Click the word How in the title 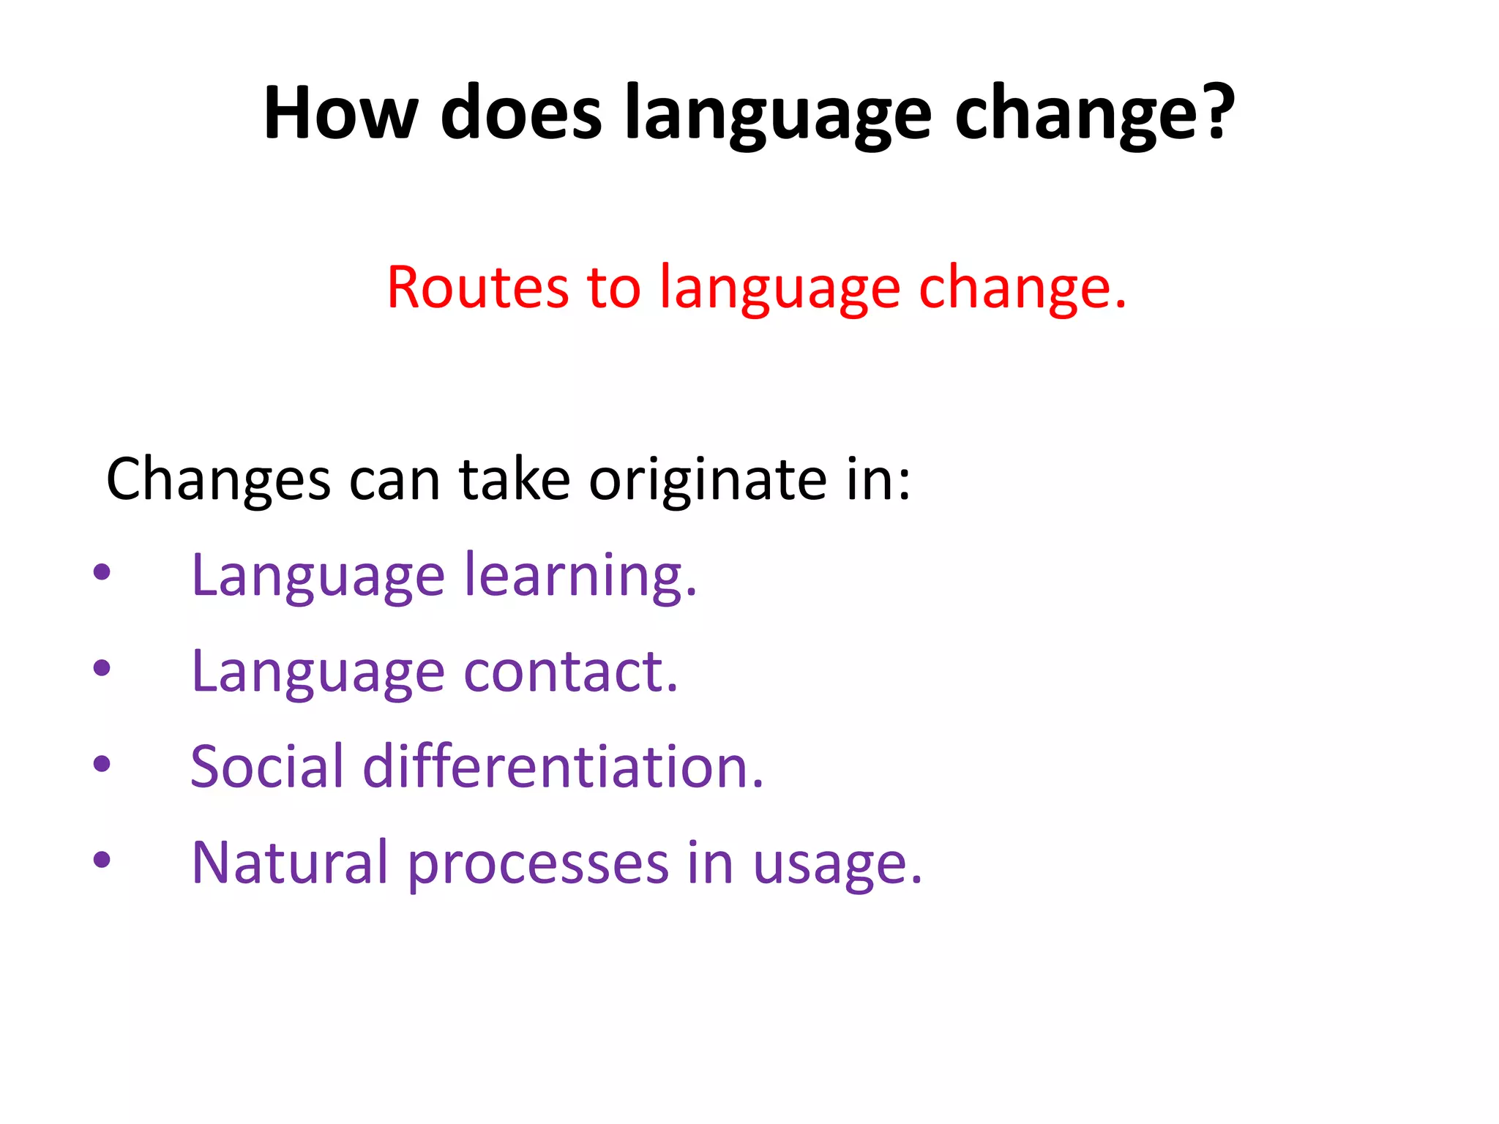[340, 113]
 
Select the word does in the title [521, 113]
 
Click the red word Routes [477, 288]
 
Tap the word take [514, 479]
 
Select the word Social [266, 766]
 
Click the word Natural [289, 862]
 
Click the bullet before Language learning [102, 572]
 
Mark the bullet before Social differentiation [102, 764]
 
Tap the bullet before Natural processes [102, 860]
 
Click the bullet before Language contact [102, 668]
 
